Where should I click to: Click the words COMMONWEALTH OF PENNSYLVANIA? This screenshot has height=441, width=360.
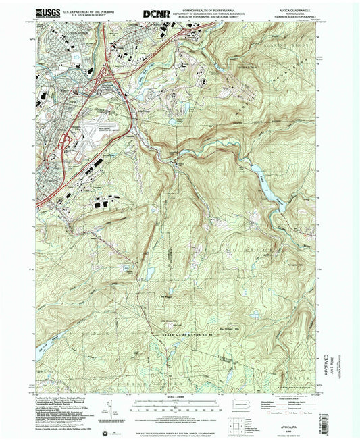pyautogui.click(x=202, y=8)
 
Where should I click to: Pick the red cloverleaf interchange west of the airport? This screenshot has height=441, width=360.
pyautogui.click(x=66, y=140)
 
